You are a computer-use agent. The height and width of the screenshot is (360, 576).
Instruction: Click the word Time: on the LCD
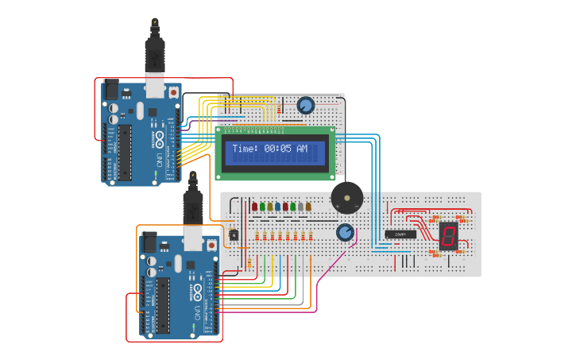click(x=245, y=149)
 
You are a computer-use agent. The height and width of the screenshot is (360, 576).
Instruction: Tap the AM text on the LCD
click(x=302, y=149)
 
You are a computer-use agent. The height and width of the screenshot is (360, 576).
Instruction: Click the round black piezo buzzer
click(x=347, y=197)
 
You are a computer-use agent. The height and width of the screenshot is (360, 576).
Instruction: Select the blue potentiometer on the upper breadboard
click(x=306, y=105)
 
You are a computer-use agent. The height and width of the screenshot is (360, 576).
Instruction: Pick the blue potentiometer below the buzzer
click(x=345, y=232)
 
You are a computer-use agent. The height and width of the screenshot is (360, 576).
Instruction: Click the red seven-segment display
click(x=448, y=235)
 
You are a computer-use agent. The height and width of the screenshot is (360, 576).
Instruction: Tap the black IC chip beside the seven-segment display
click(x=400, y=234)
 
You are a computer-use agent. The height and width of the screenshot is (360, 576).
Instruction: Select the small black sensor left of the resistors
click(x=234, y=234)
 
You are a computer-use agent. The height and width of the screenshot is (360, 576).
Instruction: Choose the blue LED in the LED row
click(x=277, y=207)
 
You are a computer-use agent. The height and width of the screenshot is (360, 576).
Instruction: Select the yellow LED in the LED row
click(x=270, y=207)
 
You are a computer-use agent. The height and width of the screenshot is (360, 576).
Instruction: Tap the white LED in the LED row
click(x=300, y=207)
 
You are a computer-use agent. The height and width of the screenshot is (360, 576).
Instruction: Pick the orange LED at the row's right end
click(x=308, y=207)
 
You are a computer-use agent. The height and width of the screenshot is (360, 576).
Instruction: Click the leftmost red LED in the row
click(x=255, y=207)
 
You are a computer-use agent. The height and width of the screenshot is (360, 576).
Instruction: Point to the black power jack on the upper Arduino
click(x=111, y=90)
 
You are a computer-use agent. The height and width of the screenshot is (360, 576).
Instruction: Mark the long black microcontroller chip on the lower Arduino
click(x=163, y=304)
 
